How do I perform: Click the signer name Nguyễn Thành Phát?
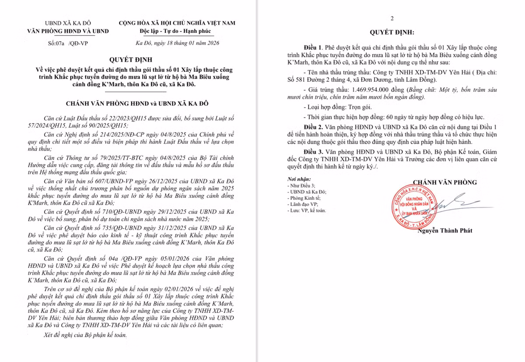click(x=444, y=230)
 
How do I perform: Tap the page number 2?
click(x=392, y=18)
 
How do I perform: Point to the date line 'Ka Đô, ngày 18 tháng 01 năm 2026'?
click(x=178, y=43)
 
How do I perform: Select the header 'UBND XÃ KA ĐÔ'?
click(x=68, y=23)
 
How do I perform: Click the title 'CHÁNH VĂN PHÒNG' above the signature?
click(x=444, y=182)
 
